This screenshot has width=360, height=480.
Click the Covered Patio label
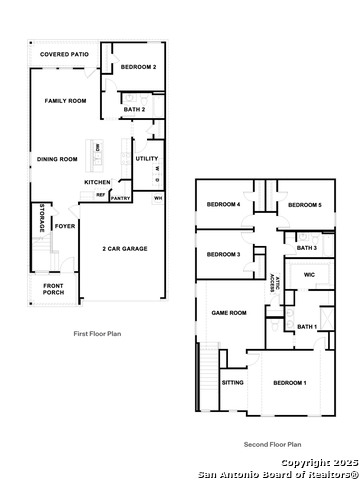point(65,55)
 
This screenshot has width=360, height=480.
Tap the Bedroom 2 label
point(139,66)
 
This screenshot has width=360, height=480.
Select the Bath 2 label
point(135,108)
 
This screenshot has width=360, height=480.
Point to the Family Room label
point(65,101)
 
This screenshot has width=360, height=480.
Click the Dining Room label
point(57,158)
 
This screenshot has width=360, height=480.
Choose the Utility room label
point(146,158)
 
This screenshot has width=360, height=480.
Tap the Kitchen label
point(98,181)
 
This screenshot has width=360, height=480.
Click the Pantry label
point(120,198)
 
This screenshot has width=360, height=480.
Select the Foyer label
point(65,226)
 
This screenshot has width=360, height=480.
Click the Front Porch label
point(54,291)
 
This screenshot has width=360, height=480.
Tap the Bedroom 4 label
point(223,204)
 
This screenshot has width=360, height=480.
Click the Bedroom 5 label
point(304,204)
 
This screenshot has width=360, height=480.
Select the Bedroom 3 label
point(223,254)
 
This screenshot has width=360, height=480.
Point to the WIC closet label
point(308,273)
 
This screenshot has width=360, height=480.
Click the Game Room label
point(228,313)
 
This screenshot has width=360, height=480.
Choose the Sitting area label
point(232,382)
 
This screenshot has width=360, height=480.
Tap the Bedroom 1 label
point(290,383)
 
